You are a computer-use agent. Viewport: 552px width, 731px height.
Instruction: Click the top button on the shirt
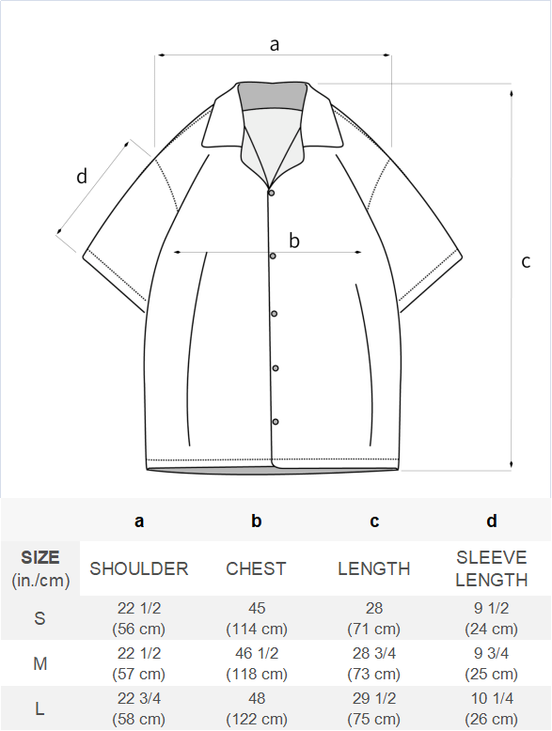pos(272,193)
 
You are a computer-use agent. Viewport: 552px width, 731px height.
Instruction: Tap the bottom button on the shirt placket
pos(276,422)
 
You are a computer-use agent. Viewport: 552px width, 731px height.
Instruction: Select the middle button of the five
pos(275,314)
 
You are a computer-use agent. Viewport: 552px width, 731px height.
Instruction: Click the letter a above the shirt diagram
pos(275,44)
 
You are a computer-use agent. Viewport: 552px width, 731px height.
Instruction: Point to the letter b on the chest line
pos(294,241)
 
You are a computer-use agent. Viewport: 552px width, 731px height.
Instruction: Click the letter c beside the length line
pos(526,261)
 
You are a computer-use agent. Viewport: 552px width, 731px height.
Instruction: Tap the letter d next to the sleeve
pos(82,177)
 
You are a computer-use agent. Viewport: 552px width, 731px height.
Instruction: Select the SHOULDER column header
pos(139,568)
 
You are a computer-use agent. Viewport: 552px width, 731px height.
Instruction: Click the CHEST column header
pos(256,568)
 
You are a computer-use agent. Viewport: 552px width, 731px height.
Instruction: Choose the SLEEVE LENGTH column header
pos(492,568)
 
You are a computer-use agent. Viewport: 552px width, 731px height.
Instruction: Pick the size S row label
pos(39,618)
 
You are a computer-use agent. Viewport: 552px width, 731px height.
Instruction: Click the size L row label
pos(39,709)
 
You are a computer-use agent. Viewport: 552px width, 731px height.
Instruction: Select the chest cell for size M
pos(257,663)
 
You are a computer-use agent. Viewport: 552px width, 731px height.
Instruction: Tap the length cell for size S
pos(374,618)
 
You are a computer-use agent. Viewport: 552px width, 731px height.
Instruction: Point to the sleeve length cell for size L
pos(492,708)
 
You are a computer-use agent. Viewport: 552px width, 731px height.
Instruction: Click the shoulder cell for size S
pos(139,618)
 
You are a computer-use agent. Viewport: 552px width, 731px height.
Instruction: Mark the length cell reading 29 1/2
pos(374,708)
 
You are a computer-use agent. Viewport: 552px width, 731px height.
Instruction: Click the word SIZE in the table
pos(40,557)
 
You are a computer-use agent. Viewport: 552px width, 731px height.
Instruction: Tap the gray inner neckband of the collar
pos(273,96)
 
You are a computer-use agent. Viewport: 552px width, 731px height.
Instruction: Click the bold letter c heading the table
pos(374,521)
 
